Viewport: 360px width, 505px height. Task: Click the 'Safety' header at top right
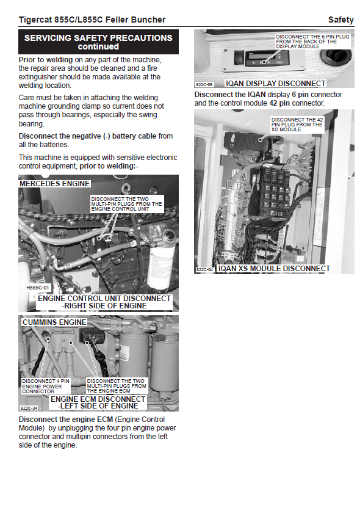point(340,20)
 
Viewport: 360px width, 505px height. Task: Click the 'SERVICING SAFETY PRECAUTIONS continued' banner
point(98,42)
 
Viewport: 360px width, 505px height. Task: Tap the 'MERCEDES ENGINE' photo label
point(54,184)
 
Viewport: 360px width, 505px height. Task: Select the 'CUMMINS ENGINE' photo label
point(54,322)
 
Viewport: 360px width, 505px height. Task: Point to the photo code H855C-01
point(38,288)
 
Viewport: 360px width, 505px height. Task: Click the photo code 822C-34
point(29,408)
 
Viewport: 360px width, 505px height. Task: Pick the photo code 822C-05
point(204,85)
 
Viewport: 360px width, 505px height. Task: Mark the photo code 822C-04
point(204,269)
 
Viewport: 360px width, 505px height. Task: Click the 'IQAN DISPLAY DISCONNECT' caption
point(275,84)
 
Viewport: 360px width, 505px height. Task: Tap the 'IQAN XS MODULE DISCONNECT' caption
point(274,269)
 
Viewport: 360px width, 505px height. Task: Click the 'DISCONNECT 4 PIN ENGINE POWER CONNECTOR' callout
point(45,386)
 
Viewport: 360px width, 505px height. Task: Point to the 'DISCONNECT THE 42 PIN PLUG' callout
point(297,125)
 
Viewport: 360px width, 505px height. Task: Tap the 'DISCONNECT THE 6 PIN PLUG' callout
point(312,42)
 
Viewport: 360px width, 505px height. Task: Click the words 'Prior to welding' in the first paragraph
point(46,60)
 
